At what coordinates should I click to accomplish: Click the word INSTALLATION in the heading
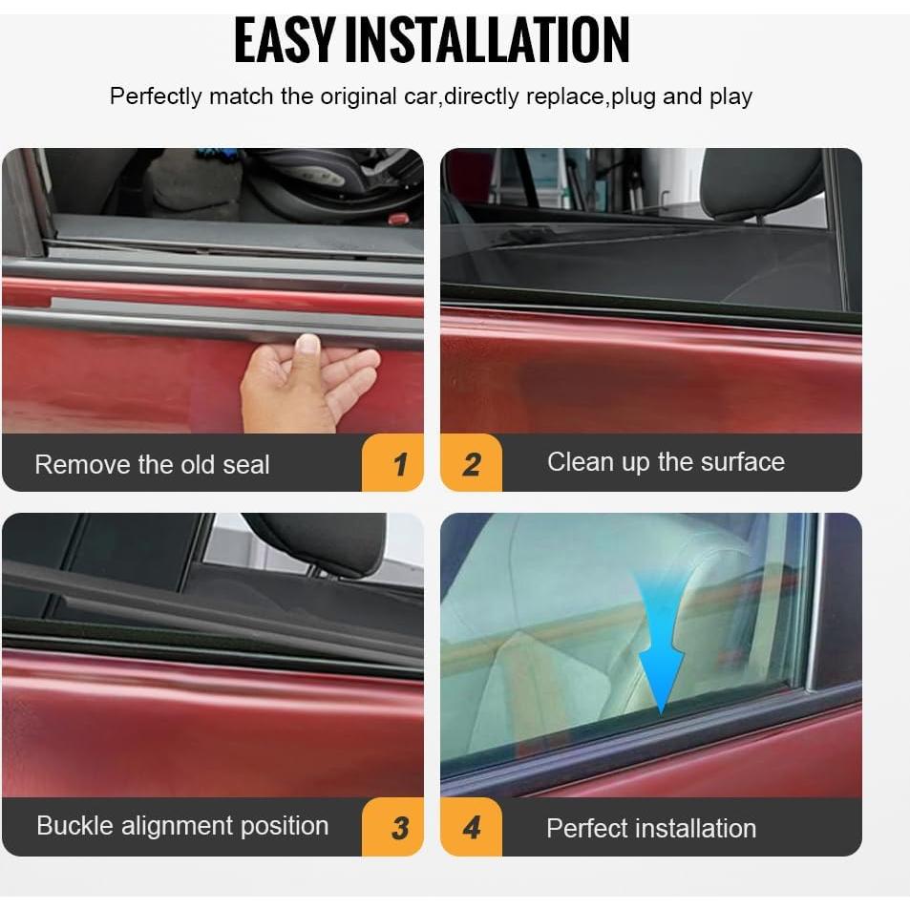(x=486, y=40)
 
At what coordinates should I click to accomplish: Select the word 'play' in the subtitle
(x=730, y=96)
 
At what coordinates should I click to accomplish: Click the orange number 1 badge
(x=399, y=464)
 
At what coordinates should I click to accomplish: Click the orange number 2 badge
(x=471, y=464)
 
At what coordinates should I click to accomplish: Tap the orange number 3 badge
(x=399, y=828)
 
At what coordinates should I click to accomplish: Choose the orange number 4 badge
(x=471, y=828)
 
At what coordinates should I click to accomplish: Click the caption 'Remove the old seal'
(x=152, y=465)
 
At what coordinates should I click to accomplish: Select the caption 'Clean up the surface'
(x=666, y=462)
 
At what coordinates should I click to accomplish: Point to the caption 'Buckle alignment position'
(x=182, y=826)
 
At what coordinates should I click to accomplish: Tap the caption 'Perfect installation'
(x=651, y=829)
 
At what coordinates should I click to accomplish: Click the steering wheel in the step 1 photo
(x=334, y=181)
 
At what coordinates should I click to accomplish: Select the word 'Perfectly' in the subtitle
(x=155, y=96)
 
